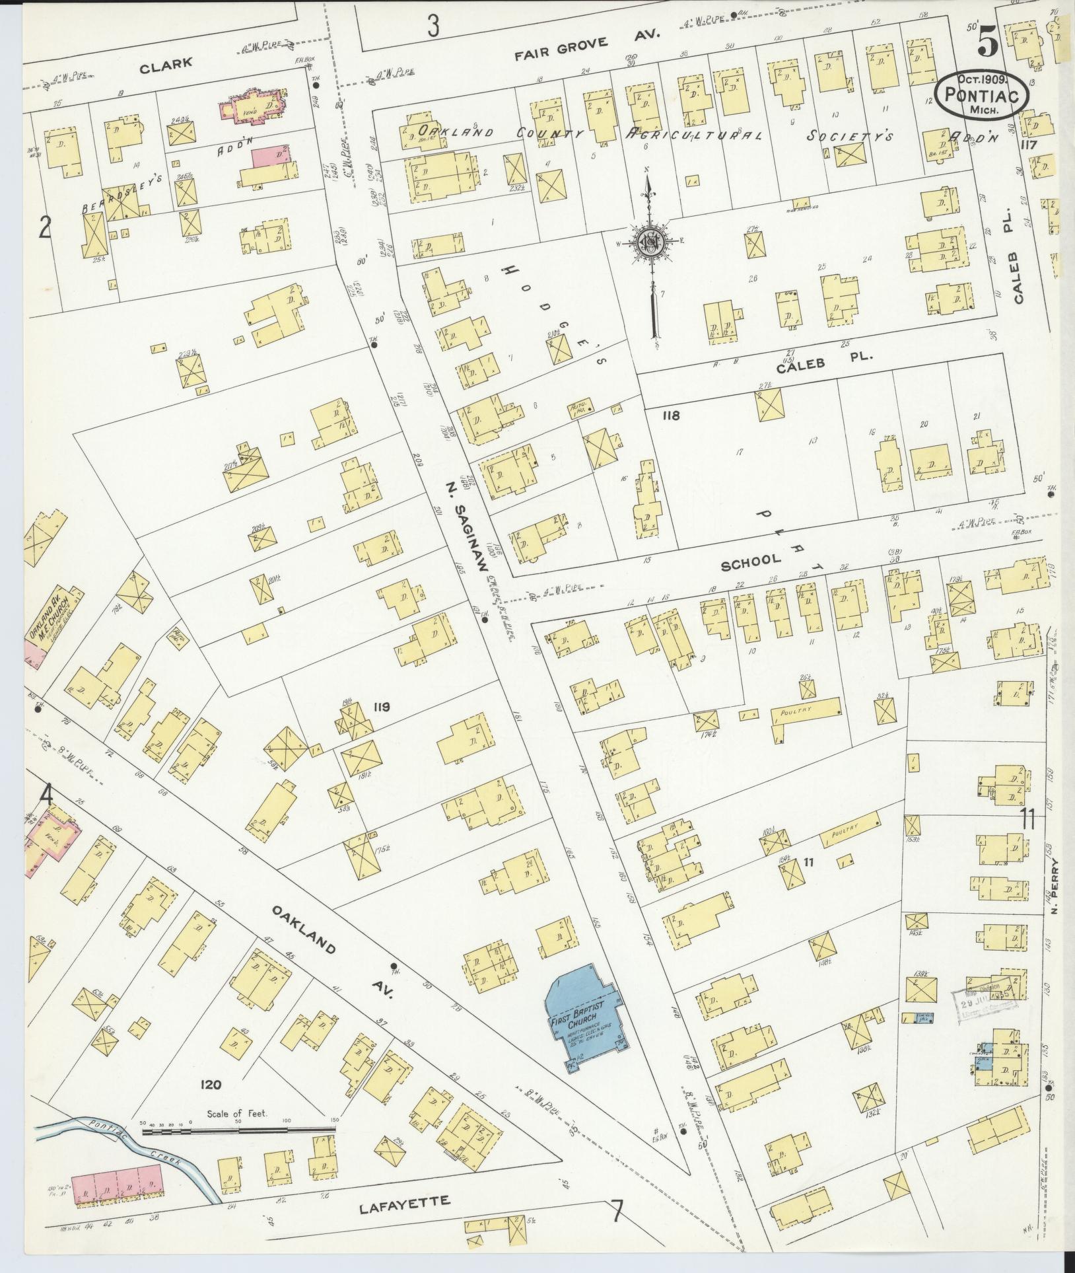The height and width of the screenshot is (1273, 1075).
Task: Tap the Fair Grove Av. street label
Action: [587, 37]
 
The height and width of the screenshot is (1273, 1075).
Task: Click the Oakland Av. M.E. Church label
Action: [56, 618]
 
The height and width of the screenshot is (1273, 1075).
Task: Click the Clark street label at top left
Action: [166, 63]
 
